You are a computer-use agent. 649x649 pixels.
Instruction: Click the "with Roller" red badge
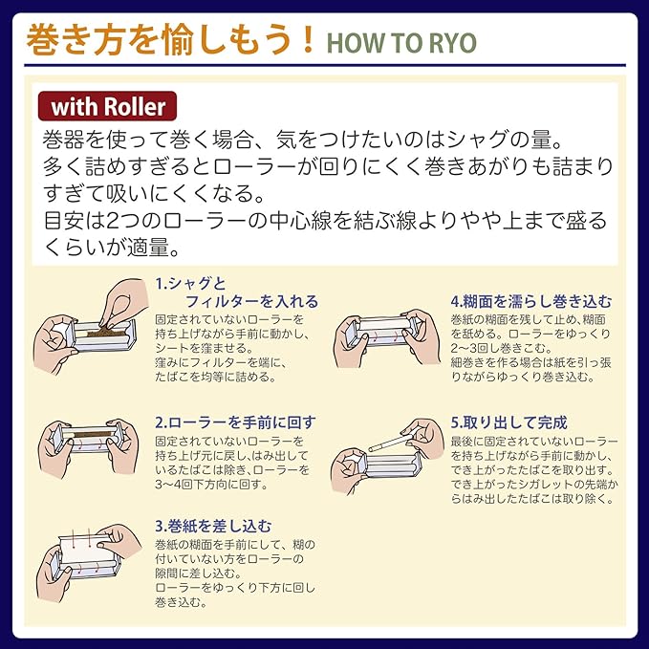click(107, 106)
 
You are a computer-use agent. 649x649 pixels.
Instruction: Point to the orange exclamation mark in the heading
click(308, 39)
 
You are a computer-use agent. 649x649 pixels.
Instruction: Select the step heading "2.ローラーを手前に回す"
click(235, 422)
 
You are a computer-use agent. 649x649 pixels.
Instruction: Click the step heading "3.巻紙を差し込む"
click(213, 526)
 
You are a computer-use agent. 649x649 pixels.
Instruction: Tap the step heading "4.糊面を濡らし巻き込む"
click(531, 301)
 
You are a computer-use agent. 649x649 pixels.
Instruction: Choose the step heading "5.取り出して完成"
click(508, 422)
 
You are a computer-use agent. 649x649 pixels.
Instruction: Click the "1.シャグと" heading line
click(190, 284)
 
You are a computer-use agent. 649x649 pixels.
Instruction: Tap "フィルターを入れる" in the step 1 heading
click(251, 301)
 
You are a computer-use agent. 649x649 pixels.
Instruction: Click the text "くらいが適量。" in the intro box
click(112, 248)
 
